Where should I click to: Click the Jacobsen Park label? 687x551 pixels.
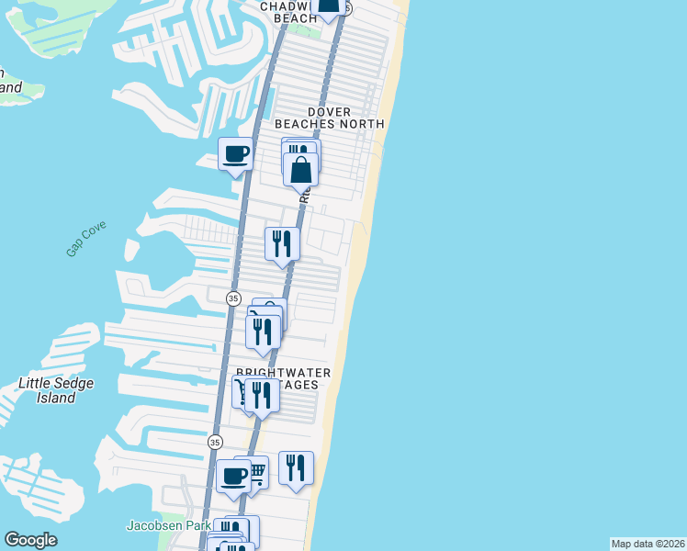coord(162,526)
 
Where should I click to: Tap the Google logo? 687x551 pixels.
coord(30,540)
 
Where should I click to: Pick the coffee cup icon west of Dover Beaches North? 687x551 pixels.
coord(235,153)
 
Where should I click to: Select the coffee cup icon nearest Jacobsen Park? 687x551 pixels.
coord(233,476)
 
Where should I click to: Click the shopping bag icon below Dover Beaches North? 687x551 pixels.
coord(301,169)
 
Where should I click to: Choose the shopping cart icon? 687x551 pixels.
coord(254,472)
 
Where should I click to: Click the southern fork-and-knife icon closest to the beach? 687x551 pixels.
coord(296,467)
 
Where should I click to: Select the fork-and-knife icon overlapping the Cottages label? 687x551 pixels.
coord(262,395)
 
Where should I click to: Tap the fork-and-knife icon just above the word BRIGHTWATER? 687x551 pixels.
coord(264,332)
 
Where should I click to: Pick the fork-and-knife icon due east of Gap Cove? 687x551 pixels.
coord(282,243)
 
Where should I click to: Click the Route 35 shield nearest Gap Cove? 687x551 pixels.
coord(233,298)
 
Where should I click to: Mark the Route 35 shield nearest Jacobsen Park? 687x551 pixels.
coord(215,442)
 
